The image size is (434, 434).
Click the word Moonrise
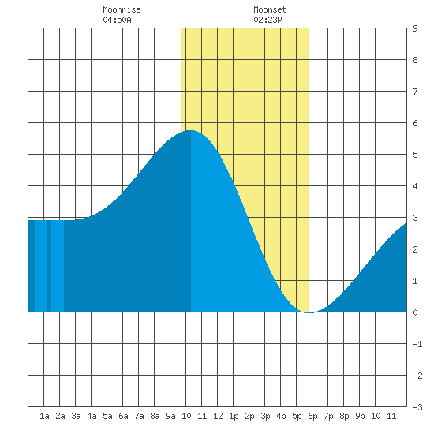click(122, 9)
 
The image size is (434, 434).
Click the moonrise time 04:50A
click(117, 20)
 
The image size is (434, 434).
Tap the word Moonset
click(270, 9)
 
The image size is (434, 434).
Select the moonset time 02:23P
click(268, 20)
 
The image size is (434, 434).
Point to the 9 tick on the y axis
click(415, 28)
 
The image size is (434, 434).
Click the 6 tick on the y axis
click(415, 123)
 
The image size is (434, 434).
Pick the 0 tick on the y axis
click(415, 312)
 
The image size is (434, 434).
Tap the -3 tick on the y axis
click(417, 407)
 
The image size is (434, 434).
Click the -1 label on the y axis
click(417, 344)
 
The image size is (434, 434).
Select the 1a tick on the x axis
click(44, 416)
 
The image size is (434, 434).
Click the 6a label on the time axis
click(123, 416)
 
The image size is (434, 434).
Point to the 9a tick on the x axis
click(170, 416)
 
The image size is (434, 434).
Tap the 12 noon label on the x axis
click(218, 416)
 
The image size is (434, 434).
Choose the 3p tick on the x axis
click(265, 416)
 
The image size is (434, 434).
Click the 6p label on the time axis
click(312, 416)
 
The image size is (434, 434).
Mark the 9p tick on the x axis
click(360, 416)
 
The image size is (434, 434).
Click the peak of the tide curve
click(190, 130)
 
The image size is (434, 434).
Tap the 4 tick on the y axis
click(415, 186)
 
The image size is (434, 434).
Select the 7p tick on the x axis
click(328, 416)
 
